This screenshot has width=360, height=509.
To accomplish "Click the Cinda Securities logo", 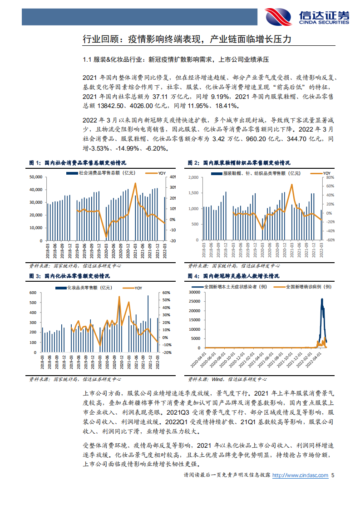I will (308, 16).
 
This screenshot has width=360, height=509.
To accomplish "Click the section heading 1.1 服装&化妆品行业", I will (177, 59).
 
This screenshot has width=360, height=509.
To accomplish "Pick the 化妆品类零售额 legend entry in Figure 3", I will (89, 287).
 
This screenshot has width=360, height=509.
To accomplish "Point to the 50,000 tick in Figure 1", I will (35, 177).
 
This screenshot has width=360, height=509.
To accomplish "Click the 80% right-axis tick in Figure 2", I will (330, 177).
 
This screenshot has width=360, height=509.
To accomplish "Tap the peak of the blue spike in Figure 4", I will (322, 299).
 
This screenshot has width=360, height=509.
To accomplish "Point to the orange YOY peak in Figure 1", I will (135, 183).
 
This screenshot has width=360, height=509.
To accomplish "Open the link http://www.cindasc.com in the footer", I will (301, 475).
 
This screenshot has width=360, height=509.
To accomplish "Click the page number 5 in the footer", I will (333, 475).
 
